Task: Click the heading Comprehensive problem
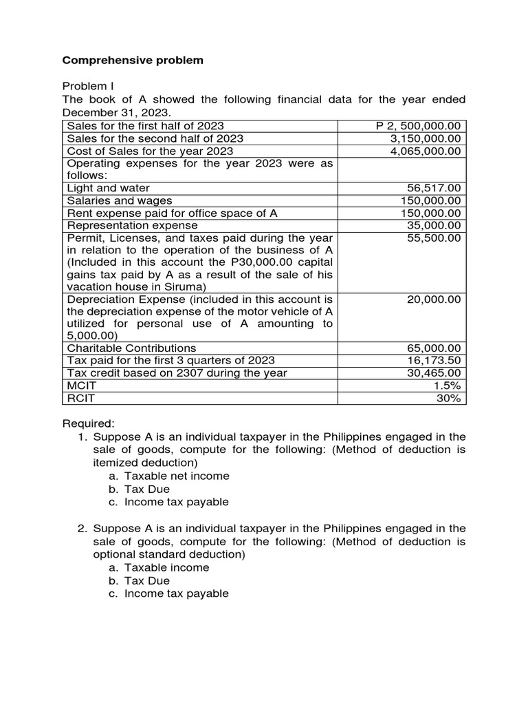point(133,61)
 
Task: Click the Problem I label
point(88,86)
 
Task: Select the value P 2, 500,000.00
point(419,126)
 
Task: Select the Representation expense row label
point(132,225)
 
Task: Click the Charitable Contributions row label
point(131,348)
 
